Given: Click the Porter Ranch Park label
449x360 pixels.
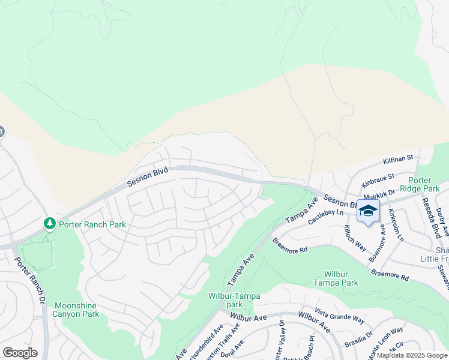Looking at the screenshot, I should point(92,224).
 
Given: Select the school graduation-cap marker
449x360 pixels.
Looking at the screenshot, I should point(368,211).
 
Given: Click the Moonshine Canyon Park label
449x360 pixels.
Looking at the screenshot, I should point(76,310).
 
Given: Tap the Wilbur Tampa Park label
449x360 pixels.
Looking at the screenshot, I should point(336,278).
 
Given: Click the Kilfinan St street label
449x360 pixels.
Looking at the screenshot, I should point(399,159).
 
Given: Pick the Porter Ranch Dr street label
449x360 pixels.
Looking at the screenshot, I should point(30,280).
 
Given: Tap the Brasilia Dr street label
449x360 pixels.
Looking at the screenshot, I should point(358,339).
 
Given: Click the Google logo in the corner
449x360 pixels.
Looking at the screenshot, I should point(20,353).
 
